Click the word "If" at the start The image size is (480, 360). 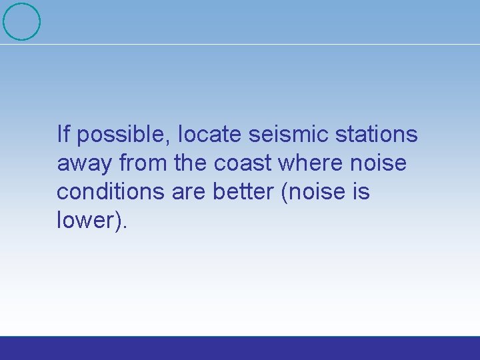click(63, 134)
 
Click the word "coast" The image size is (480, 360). click(245, 163)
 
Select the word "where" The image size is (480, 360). click(311, 163)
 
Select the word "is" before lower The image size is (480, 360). click(361, 191)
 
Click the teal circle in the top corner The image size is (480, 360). click(21, 21)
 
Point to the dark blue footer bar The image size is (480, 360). click(240, 348)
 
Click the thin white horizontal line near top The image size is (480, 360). click(267, 45)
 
